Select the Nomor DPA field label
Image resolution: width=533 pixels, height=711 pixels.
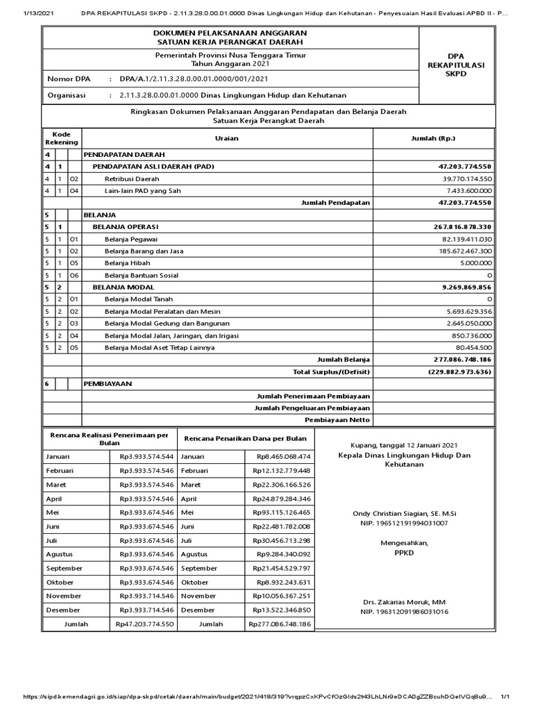pyautogui.click(x=68, y=79)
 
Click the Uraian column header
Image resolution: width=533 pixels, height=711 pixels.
pyautogui.click(x=226, y=138)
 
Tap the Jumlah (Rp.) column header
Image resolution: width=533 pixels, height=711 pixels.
pyautogui.click(x=434, y=138)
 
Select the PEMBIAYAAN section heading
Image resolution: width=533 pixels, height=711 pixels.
pyautogui.click(x=108, y=383)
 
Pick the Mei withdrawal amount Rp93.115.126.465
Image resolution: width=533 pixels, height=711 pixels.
pyautogui.click(x=282, y=512)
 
